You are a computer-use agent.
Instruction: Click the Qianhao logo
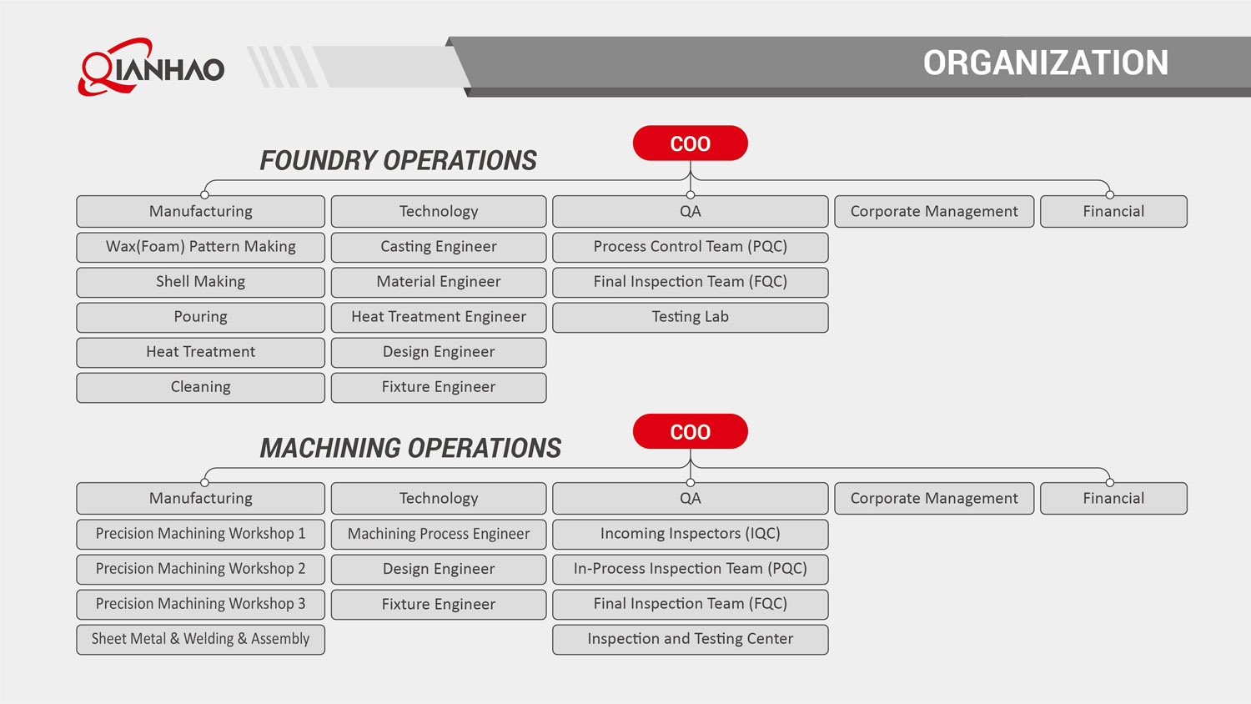[152, 67]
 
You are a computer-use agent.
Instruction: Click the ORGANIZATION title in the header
[1045, 63]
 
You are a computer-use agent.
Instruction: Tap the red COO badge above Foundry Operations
[690, 143]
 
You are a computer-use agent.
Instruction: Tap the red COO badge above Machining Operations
[690, 432]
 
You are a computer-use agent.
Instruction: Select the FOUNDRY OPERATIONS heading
[398, 160]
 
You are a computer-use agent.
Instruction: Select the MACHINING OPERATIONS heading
[410, 448]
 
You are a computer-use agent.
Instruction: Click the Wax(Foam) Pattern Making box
[200, 247]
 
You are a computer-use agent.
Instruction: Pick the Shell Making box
[200, 282]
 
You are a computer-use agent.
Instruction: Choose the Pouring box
[200, 317]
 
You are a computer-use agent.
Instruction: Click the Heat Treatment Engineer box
[439, 317]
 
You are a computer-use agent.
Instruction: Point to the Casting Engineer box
[439, 247]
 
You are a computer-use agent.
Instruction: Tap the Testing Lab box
[690, 317]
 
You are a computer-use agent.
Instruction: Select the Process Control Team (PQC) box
[690, 247]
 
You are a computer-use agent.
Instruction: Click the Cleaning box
[200, 387]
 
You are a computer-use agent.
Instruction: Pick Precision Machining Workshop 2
[200, 569]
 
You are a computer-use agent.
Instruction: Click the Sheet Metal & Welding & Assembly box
[200, 639]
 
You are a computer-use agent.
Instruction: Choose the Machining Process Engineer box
[439, 534]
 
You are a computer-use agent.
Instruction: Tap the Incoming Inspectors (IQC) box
[690, 534]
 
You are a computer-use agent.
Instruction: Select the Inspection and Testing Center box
[690, 639]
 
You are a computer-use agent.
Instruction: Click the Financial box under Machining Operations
[1113, 499]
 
